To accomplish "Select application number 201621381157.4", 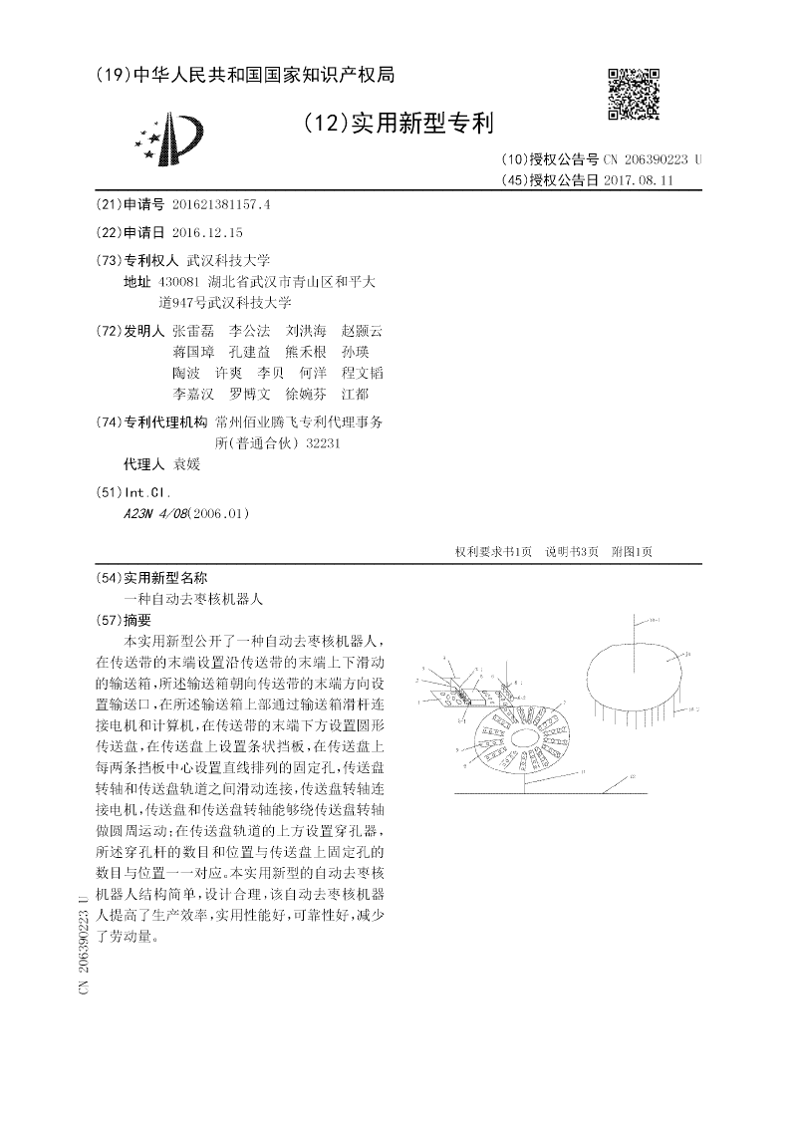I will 221,204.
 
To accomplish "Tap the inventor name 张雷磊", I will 192,330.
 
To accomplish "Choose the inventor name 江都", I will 356,395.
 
